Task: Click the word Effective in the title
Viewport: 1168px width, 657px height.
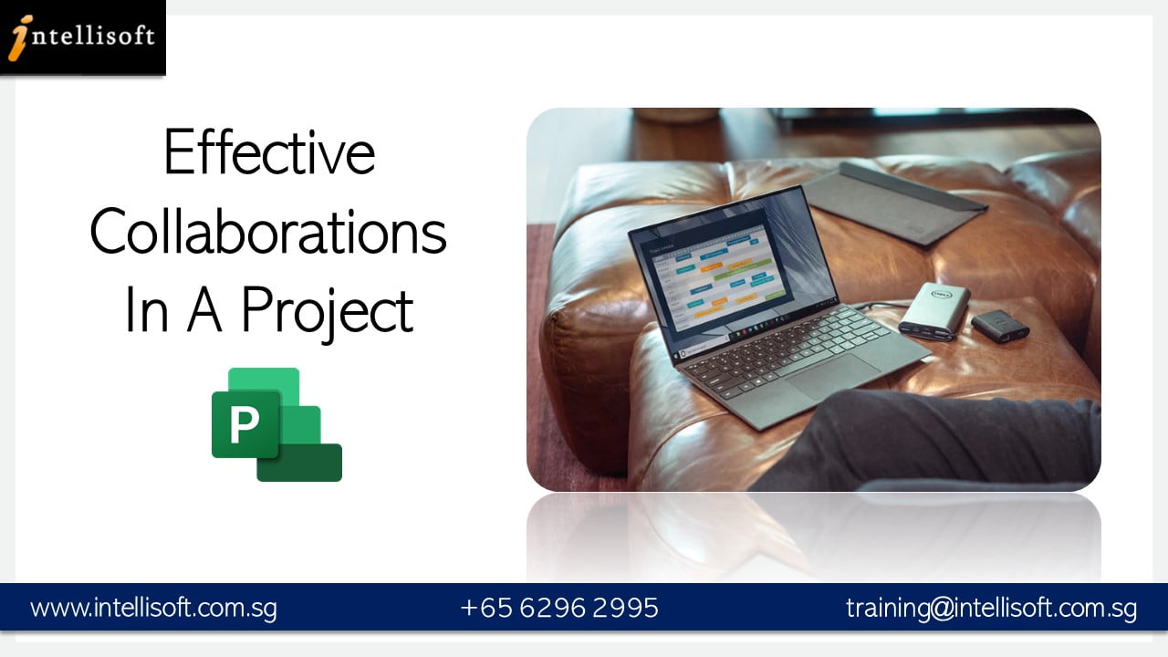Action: (x=269, y=153)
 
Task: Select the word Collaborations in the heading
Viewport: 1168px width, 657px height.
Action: (x=268, y=232)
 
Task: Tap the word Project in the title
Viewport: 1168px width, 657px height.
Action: (x=327, y=311)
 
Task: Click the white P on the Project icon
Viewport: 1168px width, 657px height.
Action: (x=244, y=425)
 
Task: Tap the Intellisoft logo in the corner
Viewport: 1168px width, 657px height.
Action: (x=82, y=37)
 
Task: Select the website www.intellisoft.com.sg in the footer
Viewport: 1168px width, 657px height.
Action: (x=153, y=608)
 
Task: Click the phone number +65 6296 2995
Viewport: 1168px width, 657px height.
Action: (x=559, y=608)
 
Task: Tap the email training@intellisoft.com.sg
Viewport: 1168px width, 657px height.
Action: (x=991, y=608)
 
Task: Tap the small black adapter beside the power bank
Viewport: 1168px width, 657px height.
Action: (x=999, y=325)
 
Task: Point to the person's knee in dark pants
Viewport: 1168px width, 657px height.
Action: (x=876, y=429)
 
